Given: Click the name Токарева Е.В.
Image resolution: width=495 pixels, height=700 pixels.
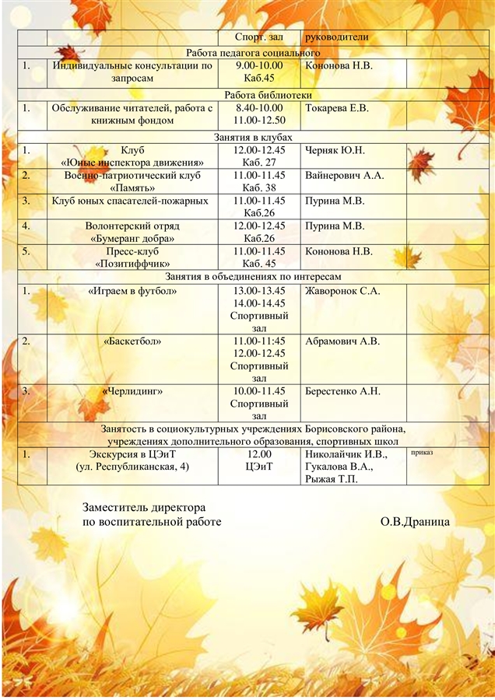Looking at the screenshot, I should [x=337, y=108].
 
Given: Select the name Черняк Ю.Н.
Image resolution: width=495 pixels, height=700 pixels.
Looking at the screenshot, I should [x=335, y=150].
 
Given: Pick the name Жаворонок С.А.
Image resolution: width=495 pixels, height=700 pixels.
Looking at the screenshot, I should [x=342, y=291].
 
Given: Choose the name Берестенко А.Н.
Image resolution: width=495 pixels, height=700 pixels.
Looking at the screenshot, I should [x=343, y=391].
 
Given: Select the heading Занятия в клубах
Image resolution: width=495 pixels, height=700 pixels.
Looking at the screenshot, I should [x=254, y=137].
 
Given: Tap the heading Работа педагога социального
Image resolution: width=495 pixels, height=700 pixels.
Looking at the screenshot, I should [x=254, y=53].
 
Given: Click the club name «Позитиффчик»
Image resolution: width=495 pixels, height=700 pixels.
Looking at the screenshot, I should [x=132, y=264].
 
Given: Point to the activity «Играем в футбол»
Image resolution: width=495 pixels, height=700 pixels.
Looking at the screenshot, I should [x=132, y=291].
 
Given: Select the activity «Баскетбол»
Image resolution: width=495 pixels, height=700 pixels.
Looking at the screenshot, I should [x=132, y=341].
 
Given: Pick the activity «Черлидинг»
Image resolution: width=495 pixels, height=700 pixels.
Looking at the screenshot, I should [x=132, y=391].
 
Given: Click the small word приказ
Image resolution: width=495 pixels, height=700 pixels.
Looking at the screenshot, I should [x=421, y=452].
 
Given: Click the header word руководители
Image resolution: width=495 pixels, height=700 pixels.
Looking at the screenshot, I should [x=337, y=37].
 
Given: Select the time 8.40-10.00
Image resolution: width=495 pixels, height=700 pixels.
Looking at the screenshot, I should [x=259, y=108].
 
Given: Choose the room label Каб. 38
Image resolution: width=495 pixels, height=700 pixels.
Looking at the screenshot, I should [x=259, y=188].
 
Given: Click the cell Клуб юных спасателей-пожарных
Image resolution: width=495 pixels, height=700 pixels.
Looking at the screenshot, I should [x=130, y=201].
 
